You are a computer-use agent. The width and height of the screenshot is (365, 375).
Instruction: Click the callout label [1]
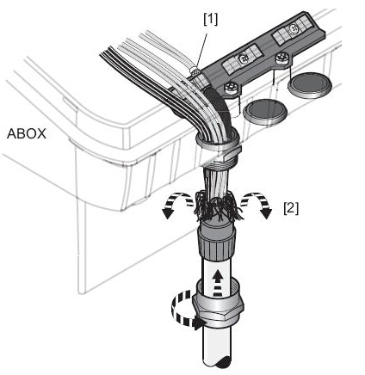(211, 20)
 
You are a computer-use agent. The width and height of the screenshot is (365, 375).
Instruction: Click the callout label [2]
(291, 208)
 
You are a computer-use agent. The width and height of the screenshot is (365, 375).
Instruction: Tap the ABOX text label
(27, 134)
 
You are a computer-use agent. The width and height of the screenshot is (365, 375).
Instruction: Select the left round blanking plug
(265, 112)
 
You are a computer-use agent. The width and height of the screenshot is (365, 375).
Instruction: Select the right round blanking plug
(309, 85)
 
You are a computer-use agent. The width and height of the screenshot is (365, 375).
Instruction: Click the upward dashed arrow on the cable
(218, 282)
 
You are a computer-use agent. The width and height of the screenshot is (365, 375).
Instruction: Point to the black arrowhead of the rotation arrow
(199, 324)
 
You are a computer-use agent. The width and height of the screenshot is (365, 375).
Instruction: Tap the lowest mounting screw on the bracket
(231, 88)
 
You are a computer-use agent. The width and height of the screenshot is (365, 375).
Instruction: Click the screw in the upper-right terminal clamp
(293, 28)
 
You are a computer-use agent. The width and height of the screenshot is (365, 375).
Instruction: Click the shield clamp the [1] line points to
(196, 75)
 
